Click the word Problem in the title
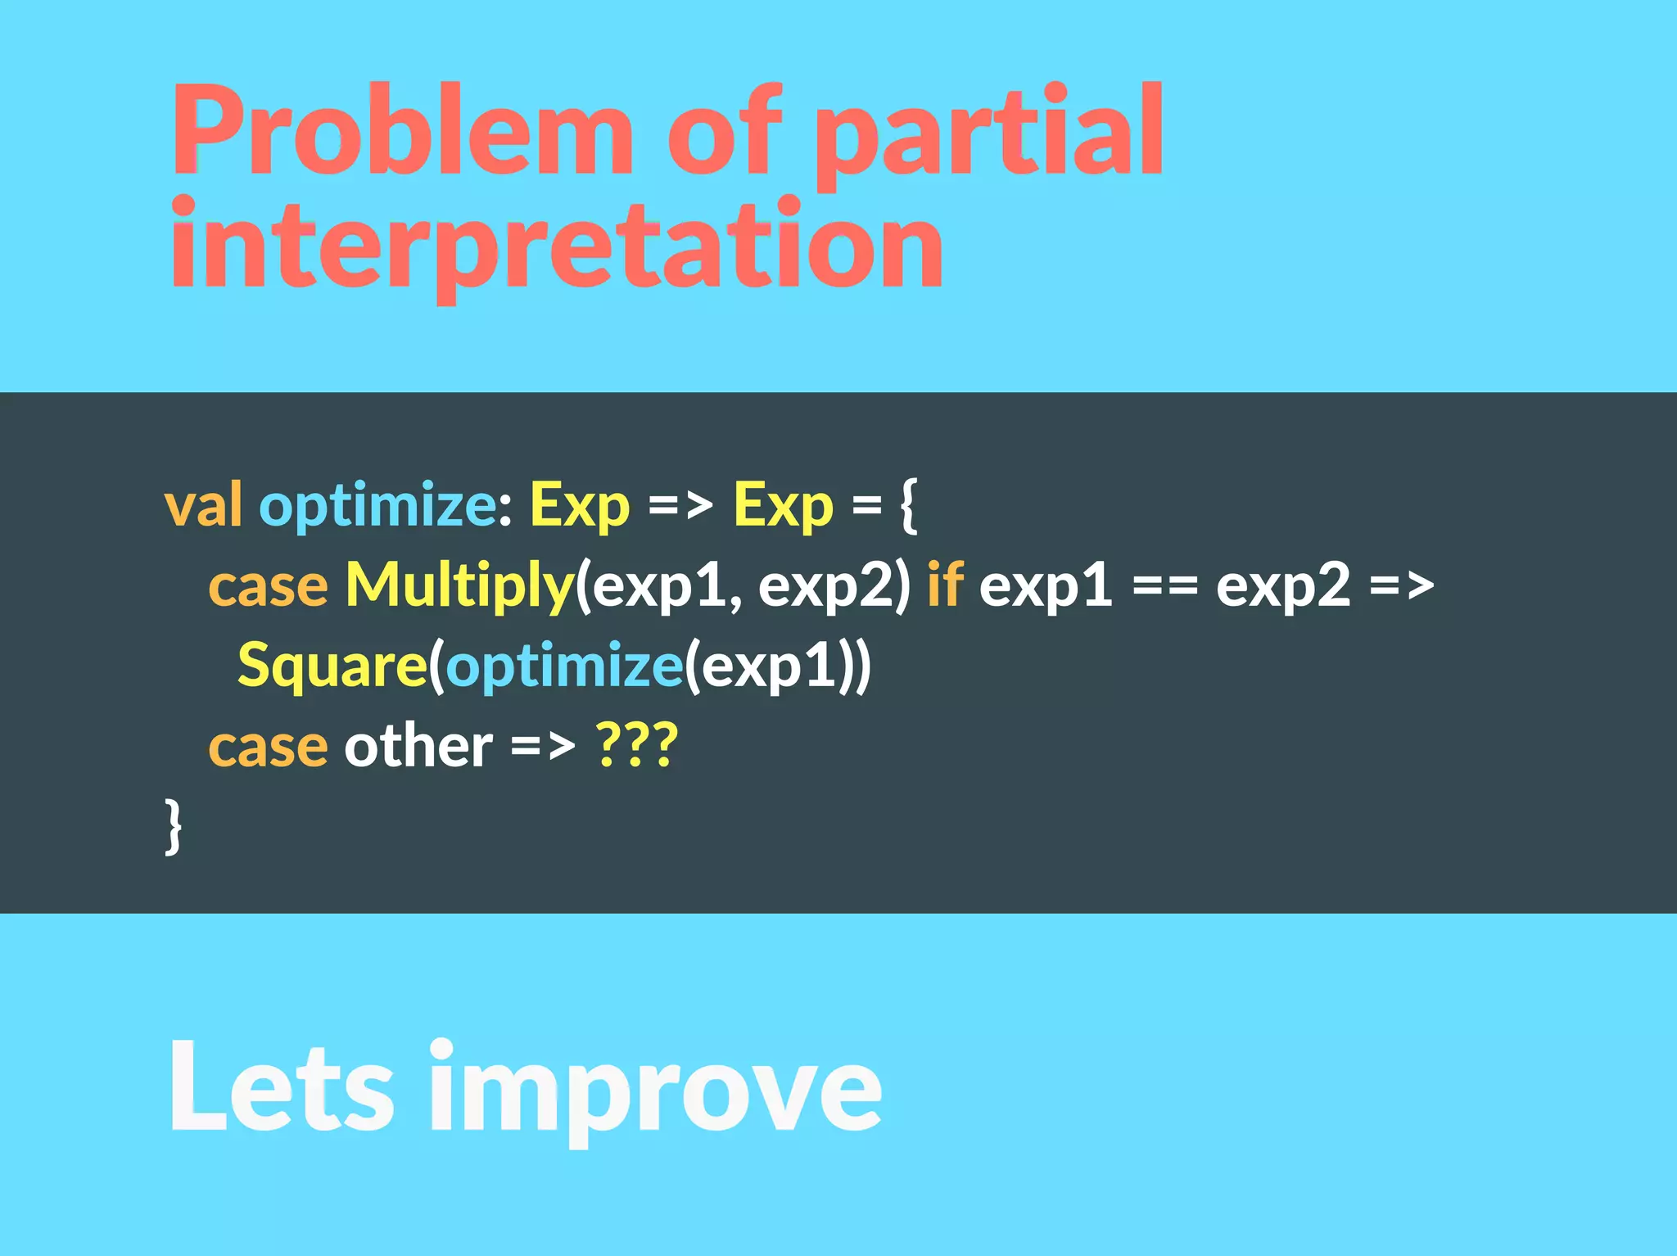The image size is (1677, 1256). coord(401,131)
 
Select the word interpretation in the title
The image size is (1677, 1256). coord(557,246)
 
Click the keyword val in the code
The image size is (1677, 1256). coord(203,505)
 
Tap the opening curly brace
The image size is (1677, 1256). coord(909,505)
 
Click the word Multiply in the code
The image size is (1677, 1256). coord(459,586)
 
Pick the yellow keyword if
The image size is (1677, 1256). coord(944,585)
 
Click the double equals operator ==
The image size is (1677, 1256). coord(1164,586)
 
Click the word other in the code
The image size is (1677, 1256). coord(418,746)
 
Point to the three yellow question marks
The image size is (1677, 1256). coord(637,746)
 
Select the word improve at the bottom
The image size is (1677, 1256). coord(655,1089)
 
